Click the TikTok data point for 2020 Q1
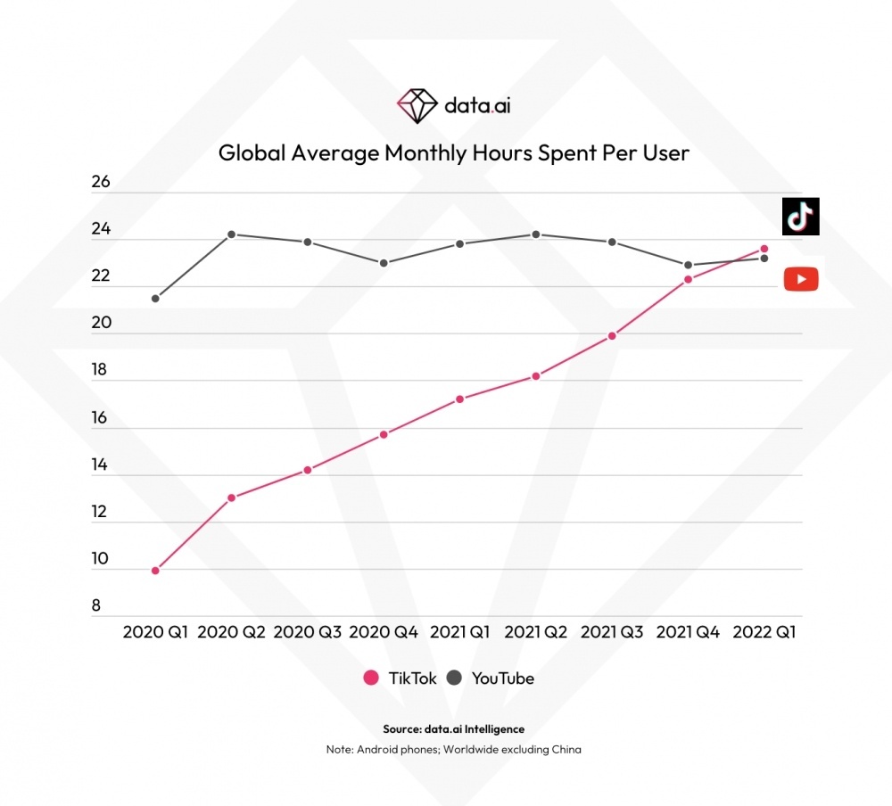click(155, 571)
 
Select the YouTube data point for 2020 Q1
click(155, 298)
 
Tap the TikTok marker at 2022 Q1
click(764, 249)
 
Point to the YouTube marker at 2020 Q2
click(231, 234)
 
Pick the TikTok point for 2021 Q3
click(612, 336)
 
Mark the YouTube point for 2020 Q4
click(384, 263)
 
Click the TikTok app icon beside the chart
click(800, 217)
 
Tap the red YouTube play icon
click(801, 280)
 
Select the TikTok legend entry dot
click(371, 679)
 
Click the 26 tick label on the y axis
click(101, 182)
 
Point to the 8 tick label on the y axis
click(96, 606)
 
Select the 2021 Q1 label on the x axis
click(459, 632)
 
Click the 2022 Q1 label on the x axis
click(764, 632)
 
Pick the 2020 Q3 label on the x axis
click(307, 632)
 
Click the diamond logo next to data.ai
click(417, 106)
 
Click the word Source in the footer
click(401, 729)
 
